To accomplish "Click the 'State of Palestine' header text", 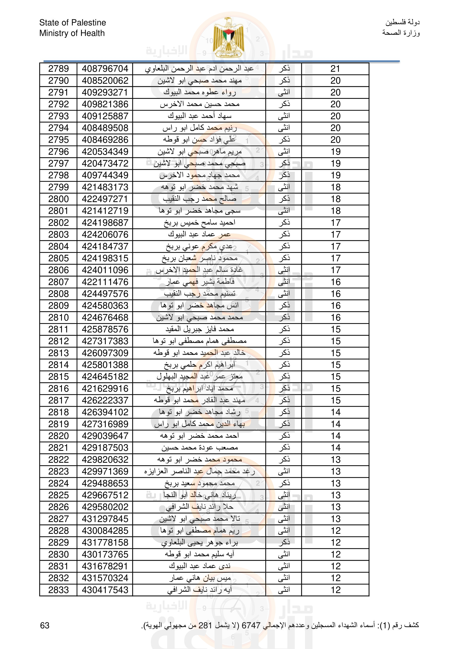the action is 73,22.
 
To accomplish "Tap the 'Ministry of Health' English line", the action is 72,33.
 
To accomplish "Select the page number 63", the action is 45,625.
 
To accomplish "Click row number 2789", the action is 59,69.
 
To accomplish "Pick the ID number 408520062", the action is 105,81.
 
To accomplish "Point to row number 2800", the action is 59,199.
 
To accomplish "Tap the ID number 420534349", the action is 105,152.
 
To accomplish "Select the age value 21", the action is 335,69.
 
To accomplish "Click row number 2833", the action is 59,590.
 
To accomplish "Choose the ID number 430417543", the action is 105,590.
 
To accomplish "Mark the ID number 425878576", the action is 105,329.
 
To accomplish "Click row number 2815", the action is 59,377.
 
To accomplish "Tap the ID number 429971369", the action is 105,472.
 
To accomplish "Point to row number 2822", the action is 59,460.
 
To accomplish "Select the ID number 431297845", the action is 105,519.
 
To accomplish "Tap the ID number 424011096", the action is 105,270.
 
